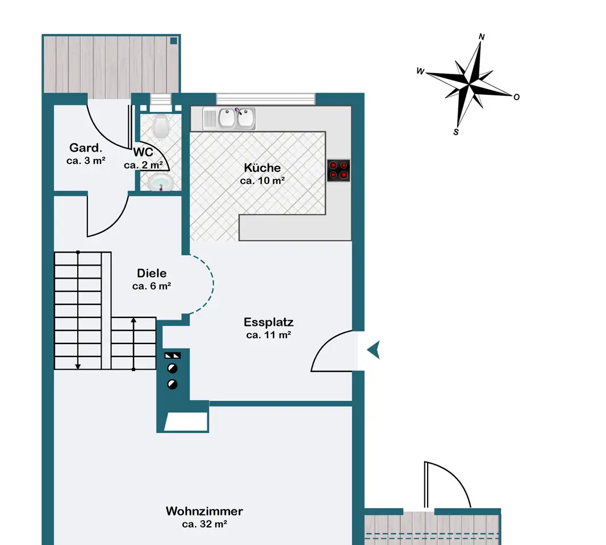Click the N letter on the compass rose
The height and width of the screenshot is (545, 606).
click(482, 37)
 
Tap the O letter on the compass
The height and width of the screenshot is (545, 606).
click(516, 97)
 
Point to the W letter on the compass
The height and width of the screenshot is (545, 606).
click(420, 71)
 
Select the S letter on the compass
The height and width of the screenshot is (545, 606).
click(456, 132)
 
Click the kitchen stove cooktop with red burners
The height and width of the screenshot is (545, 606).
click(338, 170)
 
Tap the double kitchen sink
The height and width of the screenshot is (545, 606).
click(229, 118)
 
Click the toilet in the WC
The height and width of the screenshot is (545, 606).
click(160, 126)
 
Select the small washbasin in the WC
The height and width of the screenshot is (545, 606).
click(160, 182)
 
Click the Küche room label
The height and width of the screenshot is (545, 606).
click(262, 167)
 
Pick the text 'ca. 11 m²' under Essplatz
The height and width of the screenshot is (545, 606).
click(269, 335)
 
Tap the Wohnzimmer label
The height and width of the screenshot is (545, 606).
click(204, 511)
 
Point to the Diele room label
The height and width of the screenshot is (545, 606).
click(152, 273)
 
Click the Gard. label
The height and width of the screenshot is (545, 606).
click(86, 148)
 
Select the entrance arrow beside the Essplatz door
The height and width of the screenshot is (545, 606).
click(374, 350)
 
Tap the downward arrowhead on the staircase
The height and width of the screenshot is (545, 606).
click(78, 367)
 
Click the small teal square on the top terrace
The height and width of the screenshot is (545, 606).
click(174, 40)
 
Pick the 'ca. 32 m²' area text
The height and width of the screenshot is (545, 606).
click(204, 524)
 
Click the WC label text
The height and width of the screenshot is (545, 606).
click(143, 152)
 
